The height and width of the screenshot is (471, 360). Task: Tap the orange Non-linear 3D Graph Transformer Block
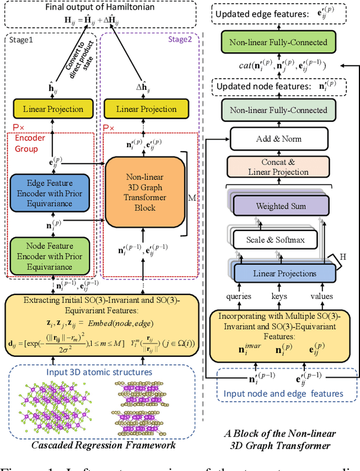[146, 191]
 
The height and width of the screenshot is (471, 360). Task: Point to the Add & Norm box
[279, 139]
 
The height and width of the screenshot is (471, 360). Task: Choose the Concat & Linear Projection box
[279, 167]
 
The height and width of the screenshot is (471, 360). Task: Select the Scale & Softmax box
[276, 240]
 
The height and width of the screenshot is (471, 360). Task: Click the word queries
[238, 296]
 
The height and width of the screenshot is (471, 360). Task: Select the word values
[321, 296]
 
